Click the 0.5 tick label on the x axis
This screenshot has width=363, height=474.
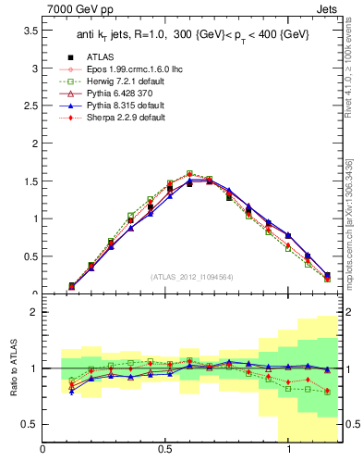coord(165,449)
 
